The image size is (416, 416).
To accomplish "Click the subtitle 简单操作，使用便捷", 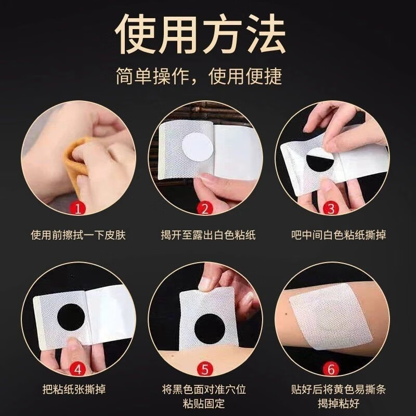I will point(199,76).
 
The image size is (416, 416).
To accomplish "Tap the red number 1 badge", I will point(77,209).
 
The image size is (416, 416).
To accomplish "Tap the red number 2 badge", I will point(204,209).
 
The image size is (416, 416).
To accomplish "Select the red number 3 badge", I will point(331,209).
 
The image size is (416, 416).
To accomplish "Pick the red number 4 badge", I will point(77,369).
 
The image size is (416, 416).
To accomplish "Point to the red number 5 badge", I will point(204,369).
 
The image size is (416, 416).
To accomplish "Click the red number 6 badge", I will point(331,369).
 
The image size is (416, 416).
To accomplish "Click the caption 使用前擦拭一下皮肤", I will point(78,235).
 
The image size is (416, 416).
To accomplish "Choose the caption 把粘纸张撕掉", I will point(78,389).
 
